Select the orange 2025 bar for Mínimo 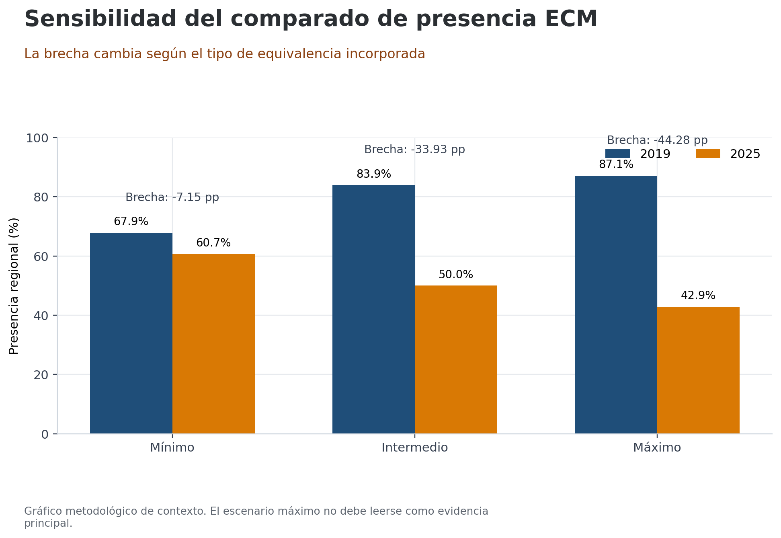coord(213,343)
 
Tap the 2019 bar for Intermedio coord(373,309)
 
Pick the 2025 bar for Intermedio coord(456,359)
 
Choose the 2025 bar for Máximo coord(698,370)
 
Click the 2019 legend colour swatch coord(617,154)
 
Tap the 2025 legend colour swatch coord(708,154)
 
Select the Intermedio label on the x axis coord(414,448)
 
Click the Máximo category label coord(657,448)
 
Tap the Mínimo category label coord(172,448)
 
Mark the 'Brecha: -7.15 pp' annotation coord(172,197)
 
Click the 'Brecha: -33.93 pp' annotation coord(414,150)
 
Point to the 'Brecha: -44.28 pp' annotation coord(657,140)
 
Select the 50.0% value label coord(456,275)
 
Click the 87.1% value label coord(616,164)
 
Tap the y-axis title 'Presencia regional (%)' coord(14,286)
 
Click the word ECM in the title coord(571,19)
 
